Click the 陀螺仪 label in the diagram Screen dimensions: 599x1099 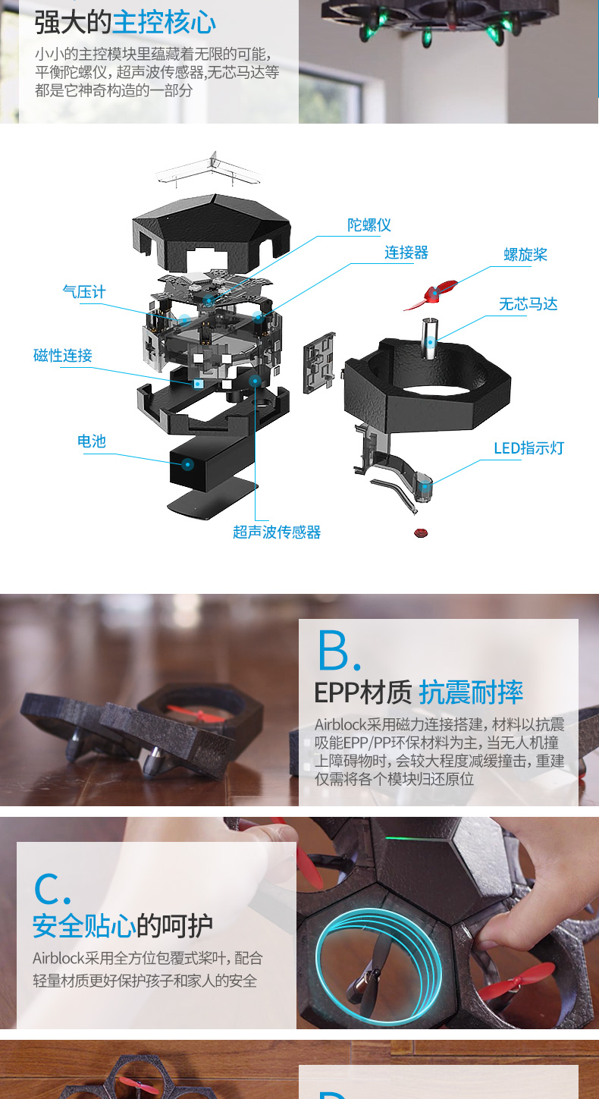(369, 225)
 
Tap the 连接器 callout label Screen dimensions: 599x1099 (406, 253)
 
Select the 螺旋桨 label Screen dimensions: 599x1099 (525, 255)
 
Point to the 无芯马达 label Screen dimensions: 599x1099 (528, 304)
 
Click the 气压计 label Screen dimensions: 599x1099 (84, 292)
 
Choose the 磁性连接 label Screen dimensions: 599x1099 (63, 355)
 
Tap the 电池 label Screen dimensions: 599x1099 (92, 441)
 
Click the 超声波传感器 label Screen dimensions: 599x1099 (277, 532)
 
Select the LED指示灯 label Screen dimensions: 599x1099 (528, 448)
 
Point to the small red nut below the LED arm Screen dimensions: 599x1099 (420, 533)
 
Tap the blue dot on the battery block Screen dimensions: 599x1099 (187, 464)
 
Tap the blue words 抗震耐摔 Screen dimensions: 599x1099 (471, 692)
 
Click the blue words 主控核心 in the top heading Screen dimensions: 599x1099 (164, 23)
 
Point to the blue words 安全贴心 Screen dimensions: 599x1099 (84, 926)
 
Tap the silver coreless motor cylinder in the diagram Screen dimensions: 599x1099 (430, 338)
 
